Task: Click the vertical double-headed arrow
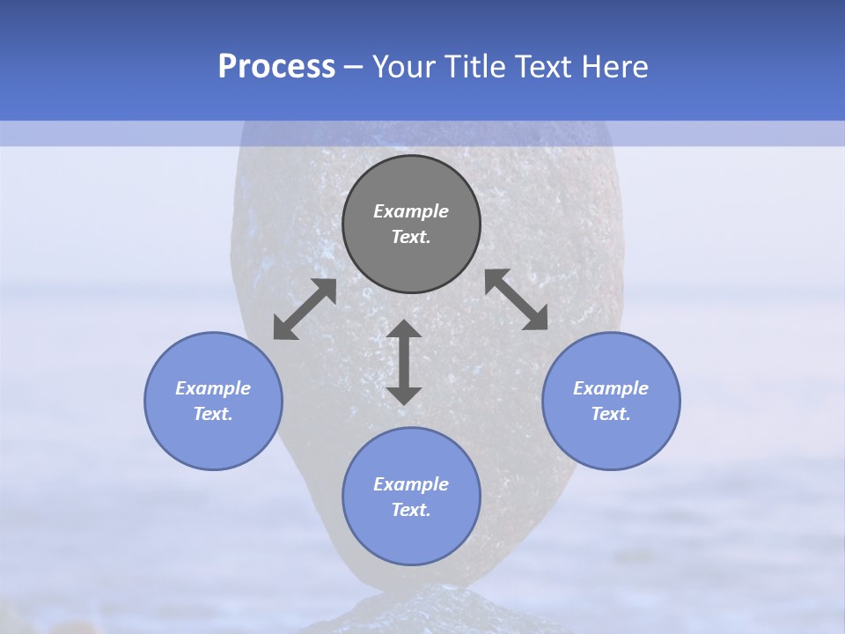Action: (404, 362)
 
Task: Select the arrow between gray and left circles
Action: (305, 309)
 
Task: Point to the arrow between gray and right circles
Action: (517, 299)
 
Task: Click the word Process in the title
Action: (276, 66)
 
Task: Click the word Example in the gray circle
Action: (411, 211)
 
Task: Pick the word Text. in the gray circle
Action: (411, 237)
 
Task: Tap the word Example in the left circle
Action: (213, 388)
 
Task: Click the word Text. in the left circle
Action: (213, 414)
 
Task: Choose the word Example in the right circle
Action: (611, 388)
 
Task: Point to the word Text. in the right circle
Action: (611, 414)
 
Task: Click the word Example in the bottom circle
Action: (411, 484)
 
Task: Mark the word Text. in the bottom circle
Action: (411, 510)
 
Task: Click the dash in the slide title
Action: (354, 67)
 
